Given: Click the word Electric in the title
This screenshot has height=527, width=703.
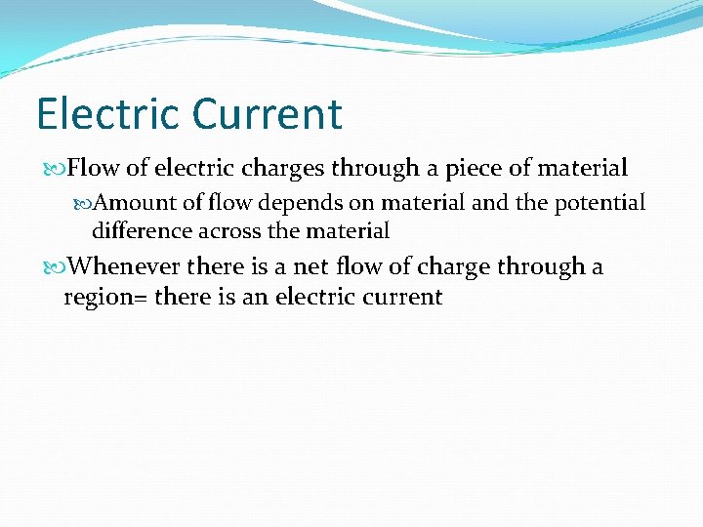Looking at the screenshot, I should [x=108, y=113].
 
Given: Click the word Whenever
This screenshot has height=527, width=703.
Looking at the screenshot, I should [x=125, y=265].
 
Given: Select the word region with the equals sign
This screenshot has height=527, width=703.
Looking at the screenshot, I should [x=105, y=297].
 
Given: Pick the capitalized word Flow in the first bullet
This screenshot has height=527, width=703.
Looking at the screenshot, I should [x=93, y=169].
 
